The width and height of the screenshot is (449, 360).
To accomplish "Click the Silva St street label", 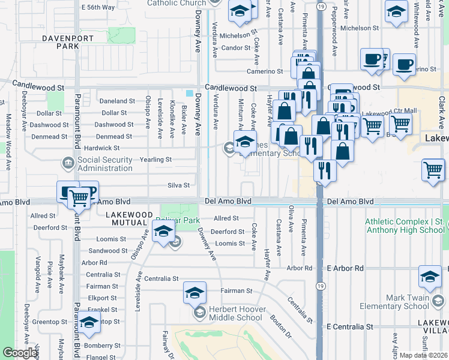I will click(x=178, y=186).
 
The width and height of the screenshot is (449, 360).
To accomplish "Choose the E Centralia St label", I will click(x=349, y=327).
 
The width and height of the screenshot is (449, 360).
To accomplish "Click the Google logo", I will click(x=20, y=353).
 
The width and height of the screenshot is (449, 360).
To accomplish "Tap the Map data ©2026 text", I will click(x=423, y=355).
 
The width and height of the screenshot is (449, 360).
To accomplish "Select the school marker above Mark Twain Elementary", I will click(x=430, y=276).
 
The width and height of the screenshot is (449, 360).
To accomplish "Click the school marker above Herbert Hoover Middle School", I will click(x=194, y=293).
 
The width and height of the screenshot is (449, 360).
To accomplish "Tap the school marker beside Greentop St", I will click(x=89, y=324).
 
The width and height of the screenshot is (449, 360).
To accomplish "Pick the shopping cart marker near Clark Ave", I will click(x=433, y=170).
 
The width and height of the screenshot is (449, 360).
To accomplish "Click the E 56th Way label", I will click(x=97, y=7).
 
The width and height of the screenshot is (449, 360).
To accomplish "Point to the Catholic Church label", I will click(x=176, y=3).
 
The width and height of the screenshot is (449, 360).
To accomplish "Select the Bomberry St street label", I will click(x=102, y=346).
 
